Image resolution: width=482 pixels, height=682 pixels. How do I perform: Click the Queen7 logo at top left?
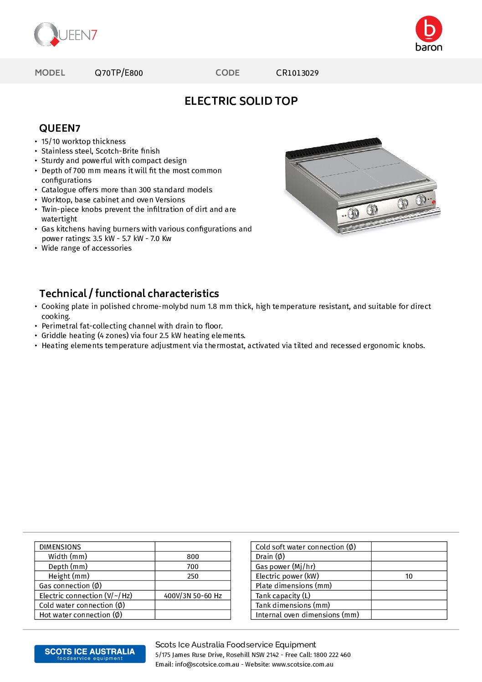pos(66,35)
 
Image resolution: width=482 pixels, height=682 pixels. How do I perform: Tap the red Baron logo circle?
pos(429,29)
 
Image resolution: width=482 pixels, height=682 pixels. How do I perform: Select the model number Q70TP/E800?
pos(118,73)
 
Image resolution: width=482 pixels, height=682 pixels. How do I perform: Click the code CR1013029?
pos(297,73)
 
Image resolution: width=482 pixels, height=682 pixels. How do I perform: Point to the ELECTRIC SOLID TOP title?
pos(241,101)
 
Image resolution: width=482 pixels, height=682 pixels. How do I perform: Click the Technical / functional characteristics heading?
pos(129,293)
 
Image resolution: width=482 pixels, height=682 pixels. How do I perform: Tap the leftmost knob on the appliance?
pos(354,213)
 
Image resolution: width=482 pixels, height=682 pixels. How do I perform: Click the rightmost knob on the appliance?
pos(421,200)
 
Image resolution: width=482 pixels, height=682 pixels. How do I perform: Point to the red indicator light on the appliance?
pos(434,202)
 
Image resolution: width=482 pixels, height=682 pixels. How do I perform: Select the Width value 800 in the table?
pos(193,557)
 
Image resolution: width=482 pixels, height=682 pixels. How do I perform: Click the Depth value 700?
pos(193,567)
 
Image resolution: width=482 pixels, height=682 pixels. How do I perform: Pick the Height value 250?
pos(193,576)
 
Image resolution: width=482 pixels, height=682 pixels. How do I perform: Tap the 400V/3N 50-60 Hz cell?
pos(193,596)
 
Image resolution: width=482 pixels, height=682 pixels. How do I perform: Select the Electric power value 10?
pos(409,576)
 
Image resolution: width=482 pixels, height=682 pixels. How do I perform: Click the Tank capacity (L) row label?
pos(283,596)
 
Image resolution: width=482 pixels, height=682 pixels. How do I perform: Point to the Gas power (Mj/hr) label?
pos(285,567)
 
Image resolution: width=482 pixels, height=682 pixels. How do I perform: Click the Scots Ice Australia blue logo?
pos(90,654)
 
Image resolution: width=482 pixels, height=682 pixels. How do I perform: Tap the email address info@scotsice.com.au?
pos(207,664)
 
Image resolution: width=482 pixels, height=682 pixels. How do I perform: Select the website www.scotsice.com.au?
pos(303,664)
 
